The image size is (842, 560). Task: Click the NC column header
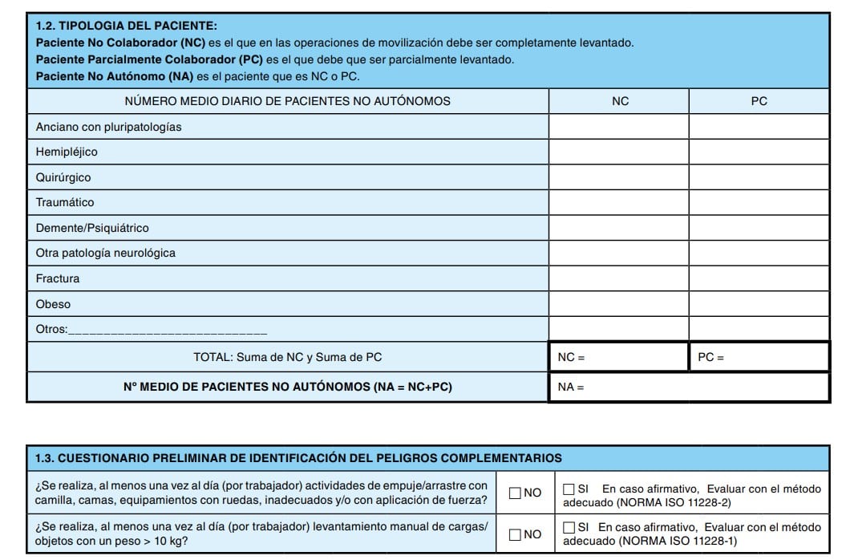pyautogui.click(x=619, y=101)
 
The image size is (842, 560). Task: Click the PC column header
pyautogui.click(x=759, y=101)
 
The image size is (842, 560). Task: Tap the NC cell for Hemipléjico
pyautogui.click(x=619, y=152)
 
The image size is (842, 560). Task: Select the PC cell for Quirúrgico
pyautogui.click(x=759, y=177)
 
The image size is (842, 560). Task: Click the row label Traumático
pyautogui.click(x=65, y=202)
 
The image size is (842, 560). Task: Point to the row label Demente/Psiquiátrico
pyautogui.click(x=92, y=228)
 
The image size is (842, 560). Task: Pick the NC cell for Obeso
pyautogui.click(x=619, y=304)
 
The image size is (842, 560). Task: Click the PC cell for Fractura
pyautogui.click(x=759, y=278)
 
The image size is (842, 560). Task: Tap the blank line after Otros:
pyautogui.click(x=168, y=330)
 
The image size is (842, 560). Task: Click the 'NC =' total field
pyautogui.click(x=619, y=357)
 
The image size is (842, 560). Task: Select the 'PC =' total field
pyautogui.click(x=759, y=357)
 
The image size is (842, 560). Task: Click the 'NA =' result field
pyautogui.click(x=690, y=387)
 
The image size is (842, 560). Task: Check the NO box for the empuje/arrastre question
pyautogui.click(x=515, y=493)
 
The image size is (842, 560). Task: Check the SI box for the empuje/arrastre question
pyautogui.click(x=569, y=488)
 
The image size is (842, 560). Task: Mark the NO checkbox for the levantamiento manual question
pyautogui.click(x=515, y=534)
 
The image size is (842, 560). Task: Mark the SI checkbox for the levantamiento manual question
pyautogui.click(x=569, y=528)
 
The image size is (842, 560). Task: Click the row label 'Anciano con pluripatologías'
pyautogui.click(x=108, y=127)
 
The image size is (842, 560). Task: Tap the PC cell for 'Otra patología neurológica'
pyautogui.click(x=759, y=254)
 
